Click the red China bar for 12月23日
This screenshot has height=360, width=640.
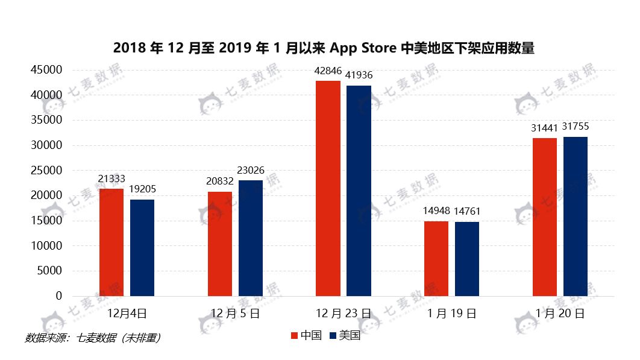[328, 188]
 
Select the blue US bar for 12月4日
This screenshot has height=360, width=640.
[142, 247]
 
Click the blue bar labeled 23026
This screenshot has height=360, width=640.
[251, 238]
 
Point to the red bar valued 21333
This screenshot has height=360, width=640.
[111, 242]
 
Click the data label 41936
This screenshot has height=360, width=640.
[359, 75]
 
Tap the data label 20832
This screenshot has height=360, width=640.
[220, 182]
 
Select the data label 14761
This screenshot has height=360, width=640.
[467, 211]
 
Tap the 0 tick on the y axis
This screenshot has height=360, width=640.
[58, 296]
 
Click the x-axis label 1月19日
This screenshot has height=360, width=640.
[451, 314]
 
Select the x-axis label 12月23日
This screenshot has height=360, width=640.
[344, 314]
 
